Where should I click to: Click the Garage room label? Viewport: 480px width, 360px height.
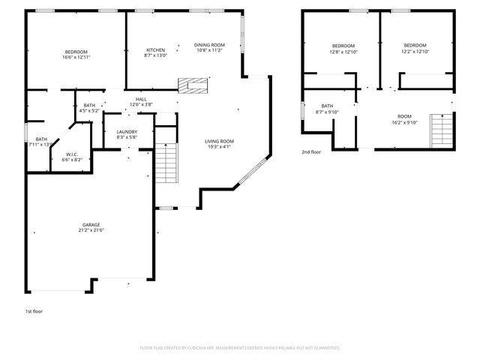coord(91,225)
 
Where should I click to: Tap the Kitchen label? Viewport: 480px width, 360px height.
coord(155,49)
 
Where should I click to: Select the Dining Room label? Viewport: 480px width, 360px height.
coord(210,45)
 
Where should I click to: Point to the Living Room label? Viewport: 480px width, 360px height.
coord(220,141)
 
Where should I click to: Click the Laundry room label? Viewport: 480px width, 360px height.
coord(127,132)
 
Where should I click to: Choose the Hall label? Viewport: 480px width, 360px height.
coord(141,99)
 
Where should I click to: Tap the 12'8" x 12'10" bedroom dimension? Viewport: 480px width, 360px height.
coord(343,52)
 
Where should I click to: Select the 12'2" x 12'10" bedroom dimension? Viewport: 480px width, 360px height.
coord(415,52)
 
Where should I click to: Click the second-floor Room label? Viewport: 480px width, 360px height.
coord(405,116)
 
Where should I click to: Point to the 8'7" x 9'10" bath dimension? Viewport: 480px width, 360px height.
coord(327,112)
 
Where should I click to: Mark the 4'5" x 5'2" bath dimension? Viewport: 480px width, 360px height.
coord(89,110)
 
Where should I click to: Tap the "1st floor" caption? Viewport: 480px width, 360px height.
coord(34,310)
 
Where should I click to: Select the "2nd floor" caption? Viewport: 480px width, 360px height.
coord(311,151)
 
